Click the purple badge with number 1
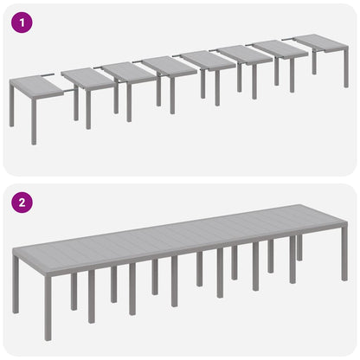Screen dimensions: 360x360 19,22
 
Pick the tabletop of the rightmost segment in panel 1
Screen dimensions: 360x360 321,42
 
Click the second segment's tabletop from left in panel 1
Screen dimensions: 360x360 88,77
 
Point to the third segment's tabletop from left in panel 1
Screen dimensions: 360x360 127,72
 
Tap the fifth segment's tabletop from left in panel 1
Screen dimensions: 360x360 209,60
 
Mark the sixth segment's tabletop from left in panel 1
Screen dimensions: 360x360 245,54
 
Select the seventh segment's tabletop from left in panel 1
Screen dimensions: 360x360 281,48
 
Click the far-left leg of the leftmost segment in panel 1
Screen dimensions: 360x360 12,110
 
